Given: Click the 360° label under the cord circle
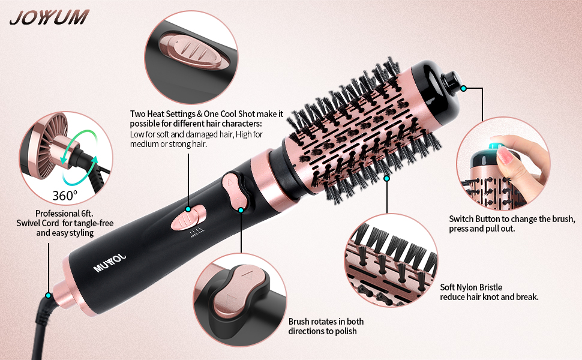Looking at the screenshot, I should (x=65, y=195).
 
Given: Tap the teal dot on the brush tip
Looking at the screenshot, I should (x=464, y=88).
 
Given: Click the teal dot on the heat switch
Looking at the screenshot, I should (x=188, y=209).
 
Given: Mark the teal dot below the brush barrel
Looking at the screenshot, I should (x=386, y=178).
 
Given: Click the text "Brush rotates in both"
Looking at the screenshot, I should (x=326, y=322).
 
